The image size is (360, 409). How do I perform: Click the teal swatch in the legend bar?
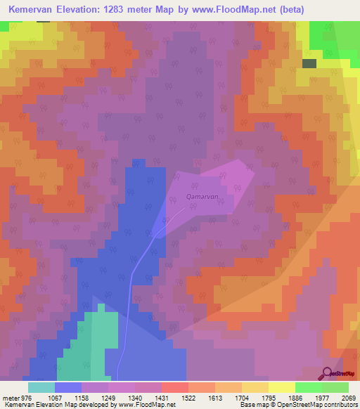pos(41,387)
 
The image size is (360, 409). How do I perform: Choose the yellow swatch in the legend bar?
pos(281,387)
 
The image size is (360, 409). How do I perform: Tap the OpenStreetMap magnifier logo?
pos(328,374)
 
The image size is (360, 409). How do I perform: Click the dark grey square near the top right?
pos(309,63)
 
